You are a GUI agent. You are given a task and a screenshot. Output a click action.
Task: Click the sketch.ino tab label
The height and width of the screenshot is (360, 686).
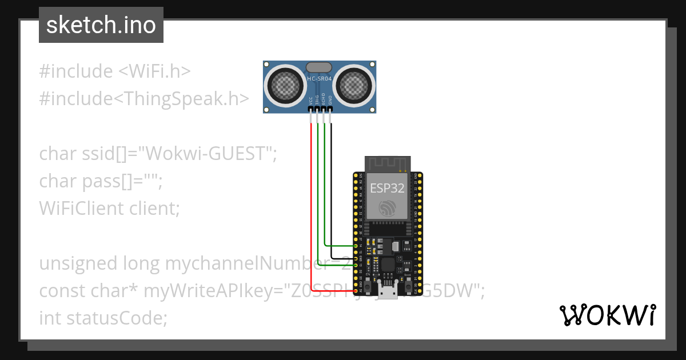point(101,25)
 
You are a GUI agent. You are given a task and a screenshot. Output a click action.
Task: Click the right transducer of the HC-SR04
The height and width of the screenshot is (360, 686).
point(353,85)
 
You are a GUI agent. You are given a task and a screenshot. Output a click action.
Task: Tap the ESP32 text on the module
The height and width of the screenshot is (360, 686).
point(387,188)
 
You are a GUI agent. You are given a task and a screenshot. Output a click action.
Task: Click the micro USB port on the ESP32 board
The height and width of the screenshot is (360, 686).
point(389,292)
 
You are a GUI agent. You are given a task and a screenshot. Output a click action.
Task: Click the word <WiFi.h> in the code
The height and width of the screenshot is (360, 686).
point(154,71)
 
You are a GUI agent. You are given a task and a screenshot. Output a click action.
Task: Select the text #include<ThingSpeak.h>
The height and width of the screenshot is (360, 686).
point(144,99)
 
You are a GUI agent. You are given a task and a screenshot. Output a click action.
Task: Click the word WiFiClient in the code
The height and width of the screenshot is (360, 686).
point(78,209)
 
